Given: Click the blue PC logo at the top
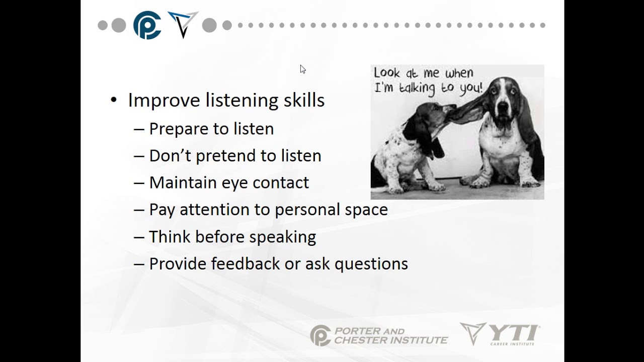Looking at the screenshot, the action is tap(147, 25).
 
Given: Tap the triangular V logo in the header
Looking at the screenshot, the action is tap(183, 25).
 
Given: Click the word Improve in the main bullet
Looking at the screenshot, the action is tap(164, 100).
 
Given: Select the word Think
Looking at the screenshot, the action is tap(170, 236).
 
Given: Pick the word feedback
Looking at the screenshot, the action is tap(245, 263).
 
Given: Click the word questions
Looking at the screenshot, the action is tap(371, 264).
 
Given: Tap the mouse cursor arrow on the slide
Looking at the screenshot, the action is tap(303, 69).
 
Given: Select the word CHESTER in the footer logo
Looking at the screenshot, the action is tap(361, 340).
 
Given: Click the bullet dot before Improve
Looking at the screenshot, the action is tap(114, 100).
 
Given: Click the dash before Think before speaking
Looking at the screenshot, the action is tap(139, 237).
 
